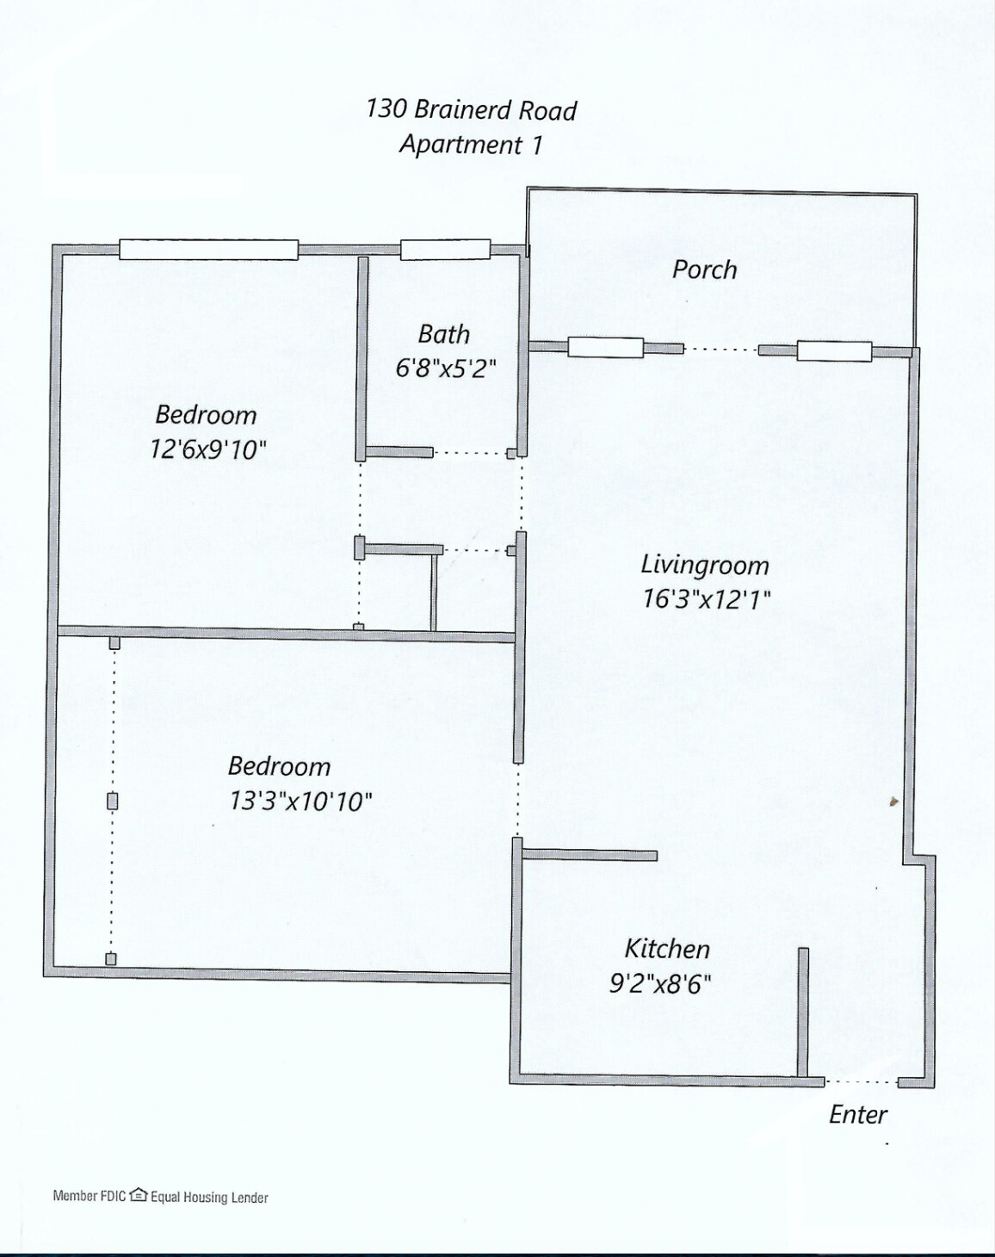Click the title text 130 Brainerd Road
tap(471, 109)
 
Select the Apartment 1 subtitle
tap(471, 144)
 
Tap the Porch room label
tap(704, 269)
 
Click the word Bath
tap(443, 334)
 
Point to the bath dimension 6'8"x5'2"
tap(445, 368)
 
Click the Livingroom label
tap(704, 566)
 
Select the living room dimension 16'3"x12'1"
tap(706, 598)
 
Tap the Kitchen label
tap(666, 949)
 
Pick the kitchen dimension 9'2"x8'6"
tap(660, 983)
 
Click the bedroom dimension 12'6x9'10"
tap(208, 449)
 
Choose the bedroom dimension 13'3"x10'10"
tap(300, 801)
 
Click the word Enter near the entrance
tap(857, 1114)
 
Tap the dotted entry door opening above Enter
tap(861, 1081)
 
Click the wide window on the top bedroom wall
tap(208, 250)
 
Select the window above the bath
tap(445, 250)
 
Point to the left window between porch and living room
tap(605, 348)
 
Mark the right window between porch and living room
tap(833, 350)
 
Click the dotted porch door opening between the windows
tap(720, 350)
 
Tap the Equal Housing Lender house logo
tap(138, 1195)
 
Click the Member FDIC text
tap(90, 1196)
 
